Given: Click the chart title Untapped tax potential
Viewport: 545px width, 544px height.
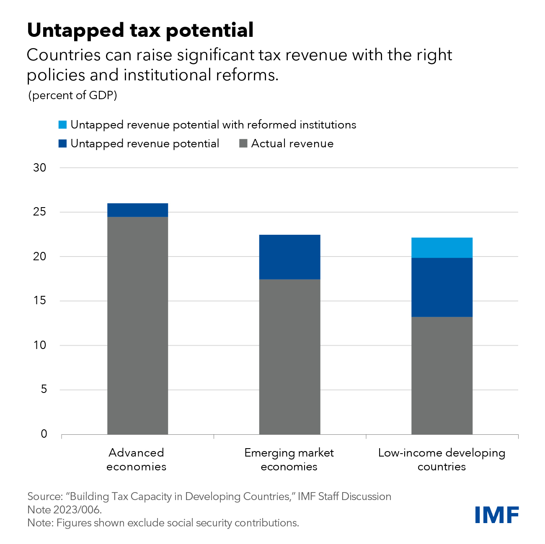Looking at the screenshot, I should pos(140,30).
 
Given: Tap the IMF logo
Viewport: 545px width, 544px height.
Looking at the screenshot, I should pos(497,515).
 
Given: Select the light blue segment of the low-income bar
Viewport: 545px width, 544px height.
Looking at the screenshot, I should pos(442,248).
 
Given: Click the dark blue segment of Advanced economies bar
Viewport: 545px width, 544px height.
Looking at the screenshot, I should pos(138,210).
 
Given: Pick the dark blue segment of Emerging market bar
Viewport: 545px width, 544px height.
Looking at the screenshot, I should pos(289,257).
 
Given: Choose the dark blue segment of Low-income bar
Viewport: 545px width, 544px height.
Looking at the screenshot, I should pos(442,287).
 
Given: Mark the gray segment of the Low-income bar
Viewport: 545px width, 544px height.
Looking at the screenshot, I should pos(442,375).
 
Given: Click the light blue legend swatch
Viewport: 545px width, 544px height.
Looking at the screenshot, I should pos(62,125).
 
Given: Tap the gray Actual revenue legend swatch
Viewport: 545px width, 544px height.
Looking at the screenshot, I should pos(243,144).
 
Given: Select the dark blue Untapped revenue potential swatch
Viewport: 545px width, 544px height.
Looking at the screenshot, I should pos(62,144).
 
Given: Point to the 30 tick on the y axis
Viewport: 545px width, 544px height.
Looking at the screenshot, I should pos(40,168).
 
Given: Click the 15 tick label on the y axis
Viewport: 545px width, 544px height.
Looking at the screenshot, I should pos(40,301).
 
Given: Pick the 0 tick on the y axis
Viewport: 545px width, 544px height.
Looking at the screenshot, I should pos(44,434).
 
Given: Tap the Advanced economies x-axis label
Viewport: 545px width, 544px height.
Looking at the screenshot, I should pos(137,459).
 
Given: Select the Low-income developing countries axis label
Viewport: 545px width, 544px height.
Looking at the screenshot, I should pos(442,459).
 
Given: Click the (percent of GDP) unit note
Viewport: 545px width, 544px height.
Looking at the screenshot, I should pos(72,95).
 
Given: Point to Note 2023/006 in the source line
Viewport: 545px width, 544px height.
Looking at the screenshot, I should pos(65,510).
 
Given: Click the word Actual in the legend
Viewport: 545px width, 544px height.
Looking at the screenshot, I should pos(267,144).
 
